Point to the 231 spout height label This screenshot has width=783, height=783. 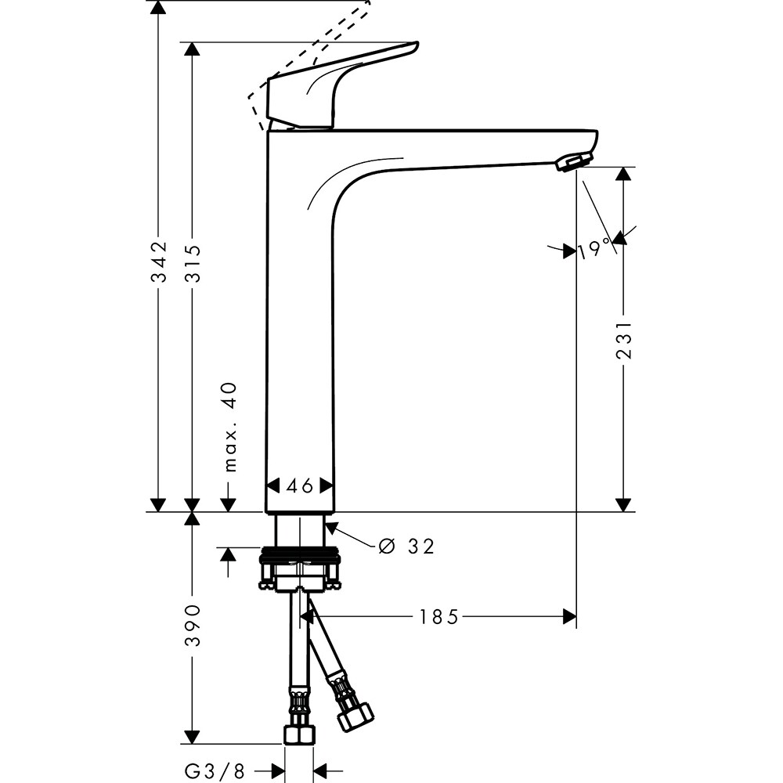pyautogui.click(x=624, y=339)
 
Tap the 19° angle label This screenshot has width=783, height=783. pyautogui.click(x=595, y=249)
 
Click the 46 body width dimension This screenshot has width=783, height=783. pyautogui.click(x=299, y=486)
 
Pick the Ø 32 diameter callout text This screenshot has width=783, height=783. pyautogui.click(x=406, y=546)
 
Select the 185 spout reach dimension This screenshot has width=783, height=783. pyautogui.click(x=438, y=618)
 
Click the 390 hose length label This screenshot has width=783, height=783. pyautogui.click(x=193, y=625)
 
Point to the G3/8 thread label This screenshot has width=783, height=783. pyautogui.click(x=215, y=771)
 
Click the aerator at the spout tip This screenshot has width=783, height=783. pyautogui.click(x=572, y=162)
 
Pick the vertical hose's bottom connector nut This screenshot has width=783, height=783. pyautogui.click(x=299, y=734)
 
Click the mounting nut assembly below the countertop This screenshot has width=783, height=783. pyautogui.click(x=299, y=568)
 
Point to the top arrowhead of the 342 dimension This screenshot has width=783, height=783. pyautogui.click(x=159, y=8)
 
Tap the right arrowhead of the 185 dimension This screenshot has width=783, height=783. pyautogui.click(x=569, y=618)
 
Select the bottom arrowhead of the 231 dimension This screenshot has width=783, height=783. pyautogui.click(x=624, y=504)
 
